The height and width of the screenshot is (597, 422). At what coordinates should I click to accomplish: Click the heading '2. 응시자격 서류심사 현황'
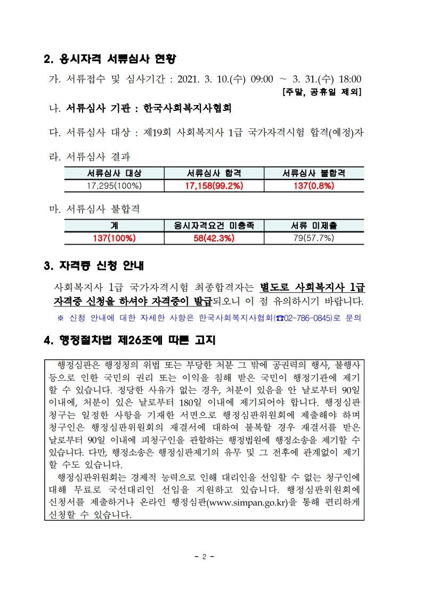(110, 58)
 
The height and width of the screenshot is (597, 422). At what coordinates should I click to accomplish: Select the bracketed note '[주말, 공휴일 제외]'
(322, 92)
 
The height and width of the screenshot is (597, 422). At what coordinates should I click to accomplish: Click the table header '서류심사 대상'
(115, 173)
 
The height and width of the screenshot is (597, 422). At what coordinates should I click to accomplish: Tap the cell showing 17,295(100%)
(115, 185)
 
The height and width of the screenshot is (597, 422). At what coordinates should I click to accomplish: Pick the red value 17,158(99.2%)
(214, 185)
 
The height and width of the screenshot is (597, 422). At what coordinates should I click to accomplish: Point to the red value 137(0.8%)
(314, 185)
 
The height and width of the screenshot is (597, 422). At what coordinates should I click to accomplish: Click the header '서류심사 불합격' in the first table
(314, 173)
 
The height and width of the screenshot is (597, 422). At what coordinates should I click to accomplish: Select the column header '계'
(115, 226)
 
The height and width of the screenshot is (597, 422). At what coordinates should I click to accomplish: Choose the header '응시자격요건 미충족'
(214, 226)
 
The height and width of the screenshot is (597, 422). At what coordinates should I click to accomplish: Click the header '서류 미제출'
(314, 226)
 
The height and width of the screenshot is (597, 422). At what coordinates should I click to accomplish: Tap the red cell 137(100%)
(115, 238)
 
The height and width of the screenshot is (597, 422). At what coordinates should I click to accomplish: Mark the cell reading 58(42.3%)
(214, 238)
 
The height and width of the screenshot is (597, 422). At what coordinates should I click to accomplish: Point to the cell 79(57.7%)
(314, 238)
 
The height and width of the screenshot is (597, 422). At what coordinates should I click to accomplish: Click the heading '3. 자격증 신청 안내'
(94, 265)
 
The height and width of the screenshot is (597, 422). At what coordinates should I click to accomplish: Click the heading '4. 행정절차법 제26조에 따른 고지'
(129, 340)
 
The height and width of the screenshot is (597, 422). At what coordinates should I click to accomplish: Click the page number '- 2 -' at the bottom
(204, 556)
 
